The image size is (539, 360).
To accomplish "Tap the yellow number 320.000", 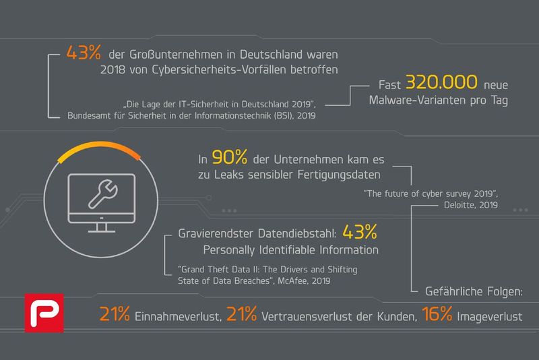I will [439, 84].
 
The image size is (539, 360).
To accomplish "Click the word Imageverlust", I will [493, 315].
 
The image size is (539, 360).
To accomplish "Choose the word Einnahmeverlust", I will [176, 315].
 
